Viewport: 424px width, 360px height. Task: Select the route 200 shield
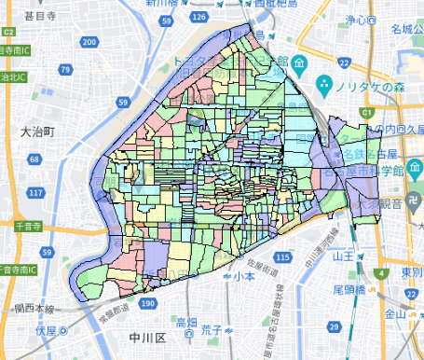tap(89, 43)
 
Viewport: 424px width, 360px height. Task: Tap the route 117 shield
tap(35, 193)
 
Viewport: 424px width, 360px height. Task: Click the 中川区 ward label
tap(149, 339)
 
